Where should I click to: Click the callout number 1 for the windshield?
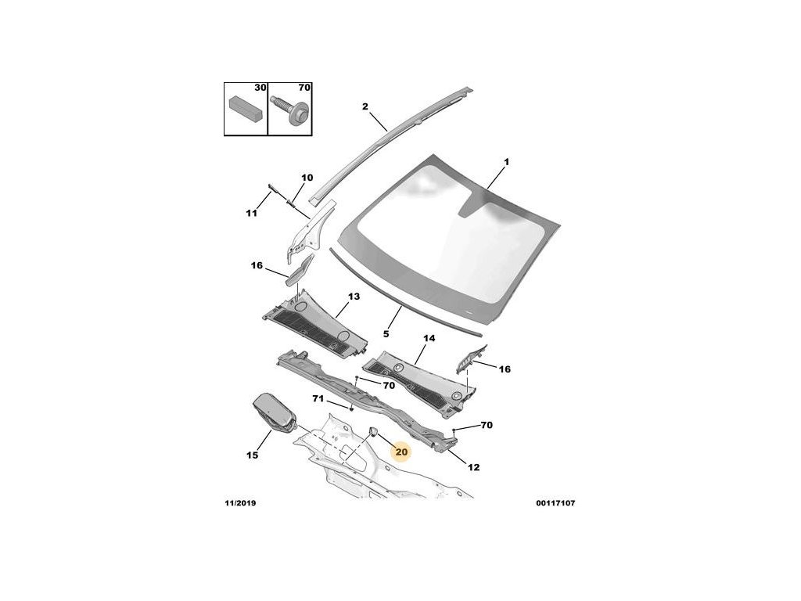[x=506, y=162]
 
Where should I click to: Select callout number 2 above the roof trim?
[x=365, y=106]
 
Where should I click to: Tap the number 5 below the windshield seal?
[x=386, y=333]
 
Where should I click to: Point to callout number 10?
[x=307, y=178]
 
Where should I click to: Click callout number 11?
[x=251, y=213]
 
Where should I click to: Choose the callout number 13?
[x=354, y=297]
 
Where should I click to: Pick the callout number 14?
[x=429, y=339]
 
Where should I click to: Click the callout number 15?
[x=252, y=455]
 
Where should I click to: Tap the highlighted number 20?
[x=402, y=452]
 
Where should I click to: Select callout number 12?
[x=474, y=467]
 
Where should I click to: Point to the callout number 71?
[x=318, y=399]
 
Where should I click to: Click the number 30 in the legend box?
[x=260, y=89]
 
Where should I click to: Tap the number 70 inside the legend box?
[x=304, y=89]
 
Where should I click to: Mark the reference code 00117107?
[x=555, y=502]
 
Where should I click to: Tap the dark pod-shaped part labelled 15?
[x=273, y=413]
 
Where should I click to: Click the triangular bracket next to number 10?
[x=311, y=229]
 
